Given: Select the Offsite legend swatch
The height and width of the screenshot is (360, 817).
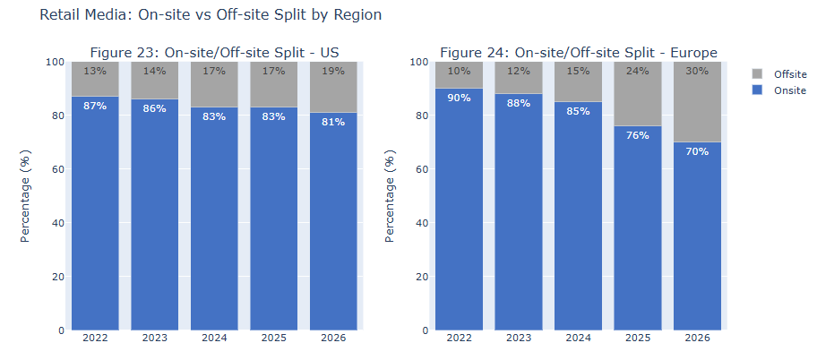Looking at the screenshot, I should tap(758, 74).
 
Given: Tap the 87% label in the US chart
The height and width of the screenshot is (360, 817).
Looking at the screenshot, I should tap(95, 107).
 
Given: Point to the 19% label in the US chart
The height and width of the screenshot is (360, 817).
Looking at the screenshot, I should tap(333, 71).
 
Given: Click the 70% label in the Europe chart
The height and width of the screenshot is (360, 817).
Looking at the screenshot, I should tap(697, 152).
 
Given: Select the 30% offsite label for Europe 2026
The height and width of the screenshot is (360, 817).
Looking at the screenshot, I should tap(697, 71).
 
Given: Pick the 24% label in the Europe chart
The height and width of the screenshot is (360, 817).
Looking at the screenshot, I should tap(638, 71).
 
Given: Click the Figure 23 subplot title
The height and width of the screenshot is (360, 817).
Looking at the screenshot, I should tap(215, 52).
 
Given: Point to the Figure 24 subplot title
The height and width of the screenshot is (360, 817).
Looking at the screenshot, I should tap(579, 52).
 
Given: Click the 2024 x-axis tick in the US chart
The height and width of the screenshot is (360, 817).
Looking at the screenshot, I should tap(214, 339).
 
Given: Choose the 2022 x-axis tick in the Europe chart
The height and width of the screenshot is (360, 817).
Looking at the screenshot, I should tap(459, 339).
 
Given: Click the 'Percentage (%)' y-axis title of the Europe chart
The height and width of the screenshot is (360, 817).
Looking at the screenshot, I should tap(390, 196).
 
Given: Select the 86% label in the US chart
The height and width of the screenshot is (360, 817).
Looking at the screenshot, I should tap(154, 109).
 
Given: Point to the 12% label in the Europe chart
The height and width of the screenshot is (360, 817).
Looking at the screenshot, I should tap(519, 71).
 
